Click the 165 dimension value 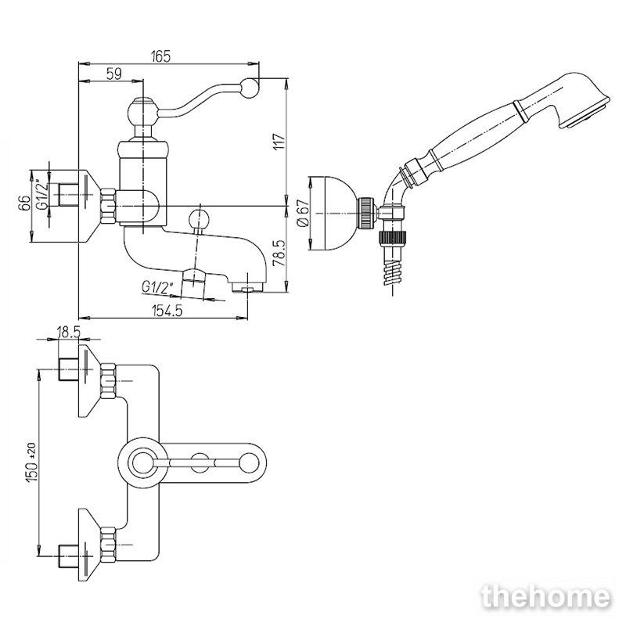tap(160, 56)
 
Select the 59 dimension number tap(113, 74)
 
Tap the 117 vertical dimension tap(280, 142)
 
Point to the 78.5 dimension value tap(279, 253)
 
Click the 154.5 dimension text tap(167, 310)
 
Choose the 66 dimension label tap(24, 203)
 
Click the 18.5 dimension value tap(69, 331)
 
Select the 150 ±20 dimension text tap(32, 462)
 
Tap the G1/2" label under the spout tap(158, 287)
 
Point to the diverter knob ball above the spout tap(199, 220)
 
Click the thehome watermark tap(545, 597)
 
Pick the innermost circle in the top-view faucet tap(142, 463)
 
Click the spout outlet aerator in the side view tap(247, 288)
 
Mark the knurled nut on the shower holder tap(367, 213)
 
